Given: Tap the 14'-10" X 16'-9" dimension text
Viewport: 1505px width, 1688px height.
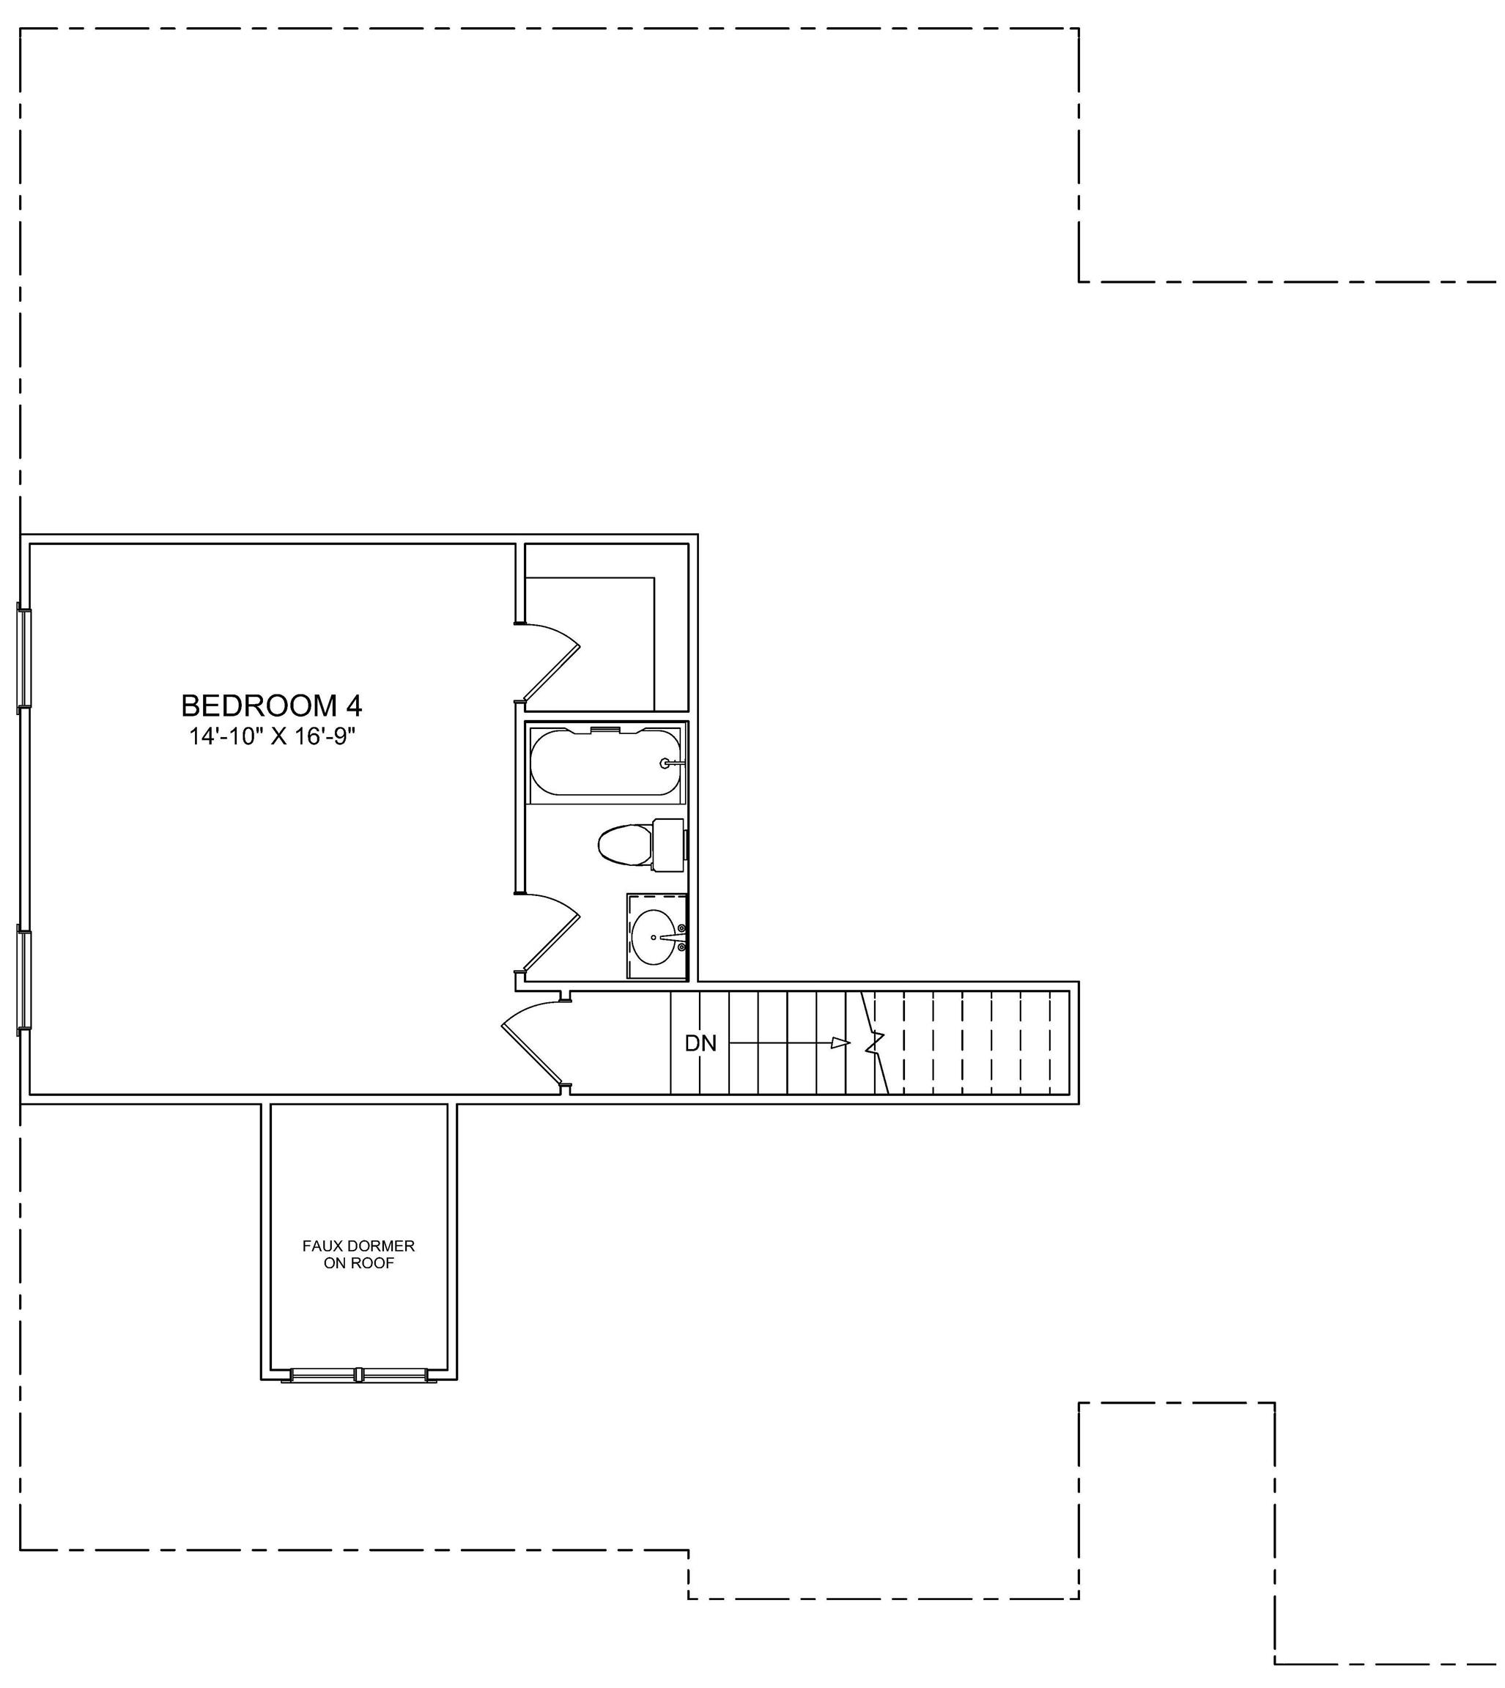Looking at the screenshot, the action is (x=272, y=736).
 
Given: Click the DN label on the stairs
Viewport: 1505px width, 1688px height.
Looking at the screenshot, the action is (x=700, y=1043).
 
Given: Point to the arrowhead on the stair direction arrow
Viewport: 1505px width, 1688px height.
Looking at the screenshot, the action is (x=841, y=1043).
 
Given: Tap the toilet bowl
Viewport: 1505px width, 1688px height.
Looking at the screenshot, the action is (x=625, y=845).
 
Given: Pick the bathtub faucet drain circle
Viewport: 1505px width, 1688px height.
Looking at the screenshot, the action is (x=665, y=764).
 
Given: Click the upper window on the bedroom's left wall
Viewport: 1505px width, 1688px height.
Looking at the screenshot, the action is (x=24, y=658).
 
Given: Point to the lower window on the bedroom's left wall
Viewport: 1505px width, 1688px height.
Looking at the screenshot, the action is (x=24, y=980).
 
